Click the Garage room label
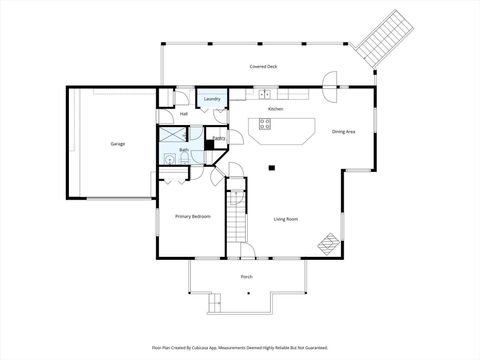(118, 144)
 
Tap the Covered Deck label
(264, 66)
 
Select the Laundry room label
(212, 99)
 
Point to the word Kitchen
(275, 108)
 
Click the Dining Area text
(344, 131)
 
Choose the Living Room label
(287, 219)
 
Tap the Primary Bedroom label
(192, 216)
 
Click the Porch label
(246, 276)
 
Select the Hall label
(184, 114)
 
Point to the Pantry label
(218, 138)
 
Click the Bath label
(184, 150)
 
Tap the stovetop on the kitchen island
(265, 124)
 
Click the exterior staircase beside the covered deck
(381, 40)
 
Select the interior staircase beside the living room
(236, 215)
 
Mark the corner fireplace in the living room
(328, 243)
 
